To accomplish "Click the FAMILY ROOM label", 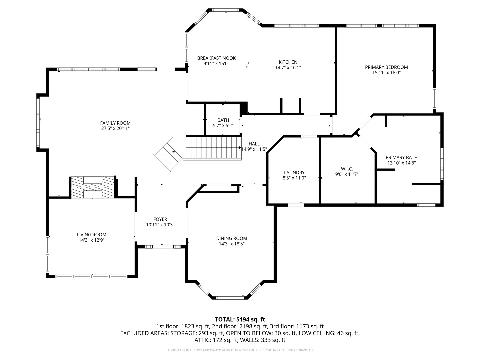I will [115, 123].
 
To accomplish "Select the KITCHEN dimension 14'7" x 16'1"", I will [288, 67].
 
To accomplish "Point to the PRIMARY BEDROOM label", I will [386, 67].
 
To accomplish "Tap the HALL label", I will [254, 144].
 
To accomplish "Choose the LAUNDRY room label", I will [294, 172].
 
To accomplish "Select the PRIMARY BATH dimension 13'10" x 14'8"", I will [401, 163].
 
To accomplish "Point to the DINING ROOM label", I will [232, 238].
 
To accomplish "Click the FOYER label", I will [160, 219].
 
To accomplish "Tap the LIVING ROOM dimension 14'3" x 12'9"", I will [92, 240].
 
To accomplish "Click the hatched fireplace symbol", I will [92, 187].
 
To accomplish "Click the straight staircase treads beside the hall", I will [213, 148].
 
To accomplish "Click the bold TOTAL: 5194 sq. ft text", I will [240, 319].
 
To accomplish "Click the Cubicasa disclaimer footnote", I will [240, 350].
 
